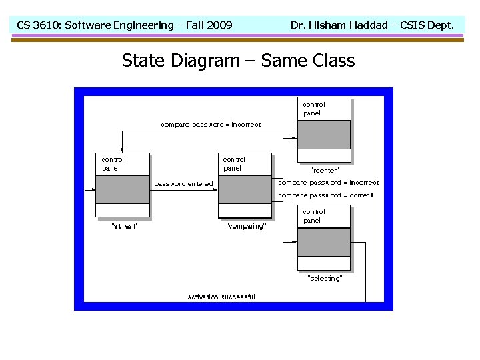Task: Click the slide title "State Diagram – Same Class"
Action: pos(238,61)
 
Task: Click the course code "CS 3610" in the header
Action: pos(37,25)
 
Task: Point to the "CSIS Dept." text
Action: pos(427,25)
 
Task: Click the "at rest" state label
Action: pos(123,226)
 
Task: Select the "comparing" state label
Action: pos(246,226)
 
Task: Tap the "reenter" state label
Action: pos(325,170)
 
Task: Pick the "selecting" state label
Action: pos(325,278)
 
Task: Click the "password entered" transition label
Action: pos(184,184)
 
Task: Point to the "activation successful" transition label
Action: pos(221,297)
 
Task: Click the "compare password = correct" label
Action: pos(325,195)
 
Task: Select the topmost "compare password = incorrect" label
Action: pos(211,124)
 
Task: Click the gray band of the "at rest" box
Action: pos(123,189)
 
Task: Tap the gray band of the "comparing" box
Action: pos(245,189)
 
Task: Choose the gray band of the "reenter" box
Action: pos(324,135)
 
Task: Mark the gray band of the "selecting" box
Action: pos(324,242)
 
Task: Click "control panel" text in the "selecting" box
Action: pos(313,216)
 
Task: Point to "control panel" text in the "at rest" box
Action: pos(113,164)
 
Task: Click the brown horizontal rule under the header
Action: pos(240,40)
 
